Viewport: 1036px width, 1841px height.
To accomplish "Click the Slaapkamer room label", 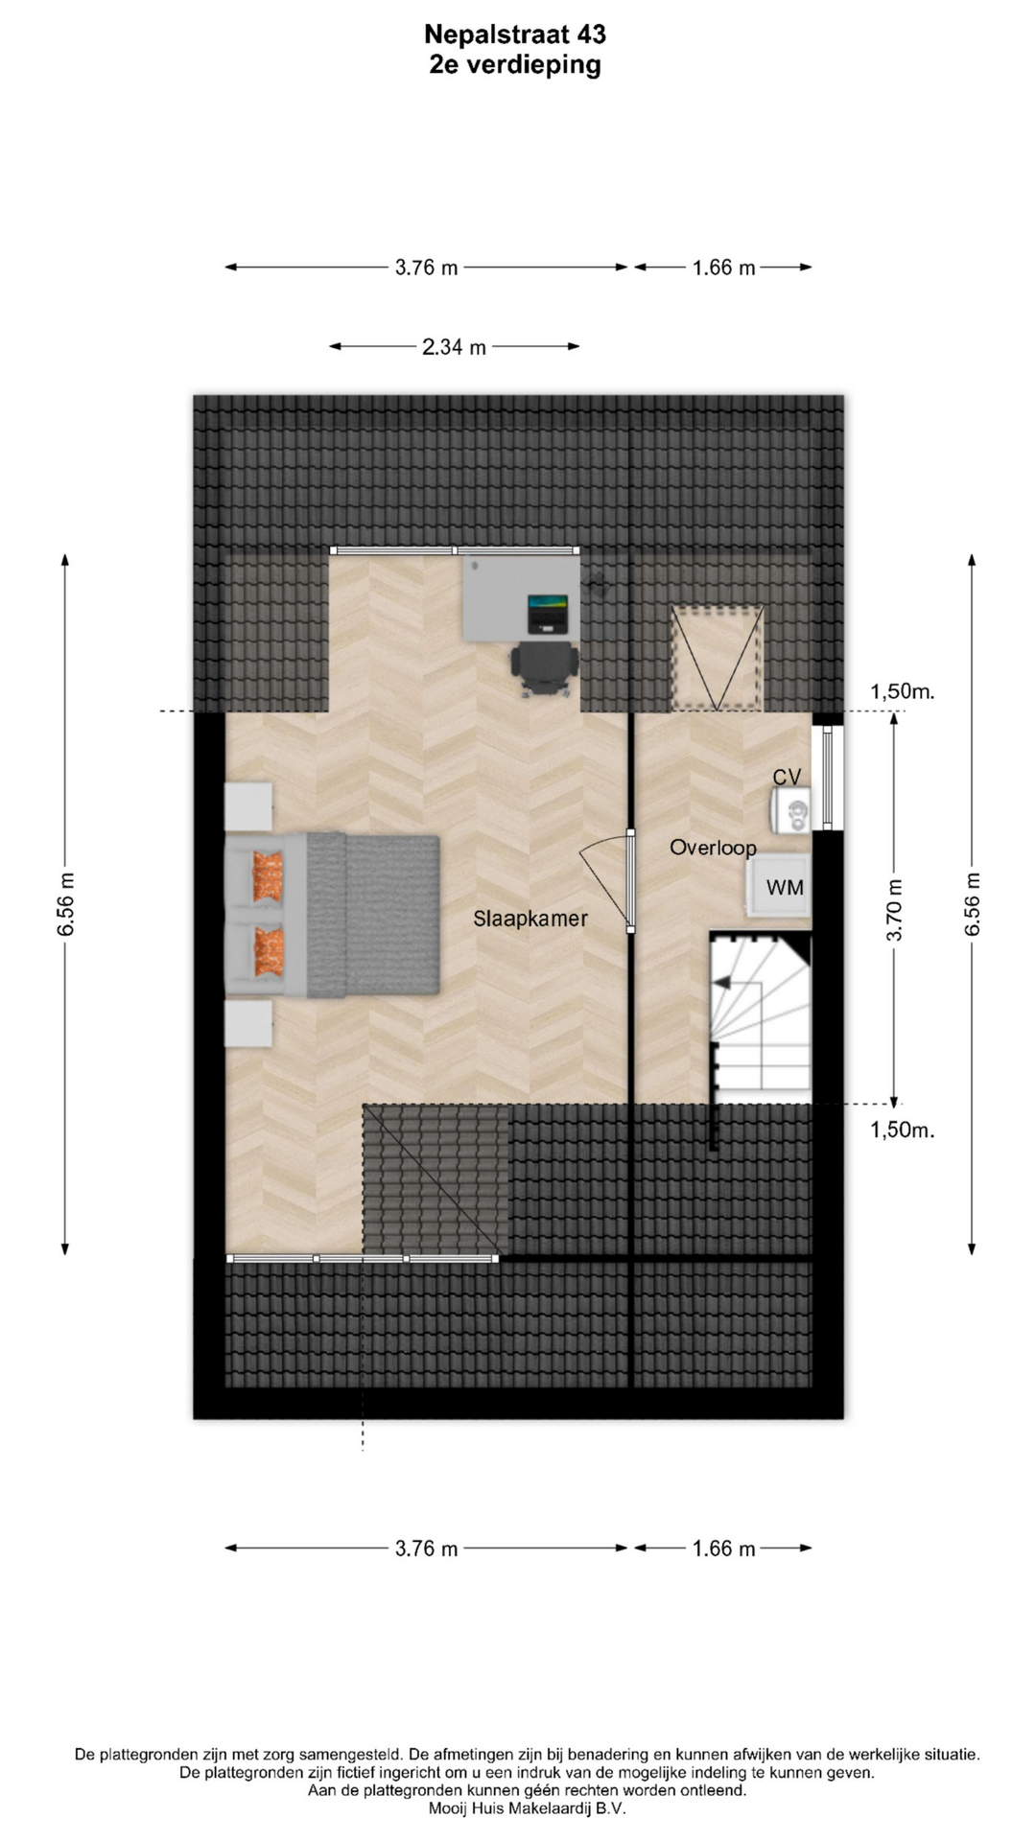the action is pos(530,919).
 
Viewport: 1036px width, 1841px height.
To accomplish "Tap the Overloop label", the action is pos(713,848).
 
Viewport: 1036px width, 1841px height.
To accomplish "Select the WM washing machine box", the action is pos(780,887).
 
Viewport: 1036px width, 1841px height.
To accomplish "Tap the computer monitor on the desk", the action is pos(548,614).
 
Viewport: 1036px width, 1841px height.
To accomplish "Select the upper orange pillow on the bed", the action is pos(269,876).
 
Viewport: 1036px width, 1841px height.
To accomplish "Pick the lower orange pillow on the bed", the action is pos(269,951).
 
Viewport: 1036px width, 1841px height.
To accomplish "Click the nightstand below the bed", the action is pos(248,1024).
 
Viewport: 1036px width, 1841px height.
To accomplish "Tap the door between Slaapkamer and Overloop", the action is pos(630,881).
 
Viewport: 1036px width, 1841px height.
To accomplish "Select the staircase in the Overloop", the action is pos(760,1016).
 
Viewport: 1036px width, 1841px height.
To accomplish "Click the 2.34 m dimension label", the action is pos(454,347).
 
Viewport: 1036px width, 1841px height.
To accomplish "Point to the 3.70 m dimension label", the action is pos(894,910).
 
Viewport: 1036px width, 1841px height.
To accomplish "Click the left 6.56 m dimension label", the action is pos(65,904).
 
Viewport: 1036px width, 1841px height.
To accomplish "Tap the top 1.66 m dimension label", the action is pos(724,268).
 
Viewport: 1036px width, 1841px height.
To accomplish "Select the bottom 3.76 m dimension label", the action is pos(427,1548).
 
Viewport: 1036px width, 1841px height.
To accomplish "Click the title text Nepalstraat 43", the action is pos(515,35).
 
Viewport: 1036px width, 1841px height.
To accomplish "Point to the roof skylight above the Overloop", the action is pos(718,659).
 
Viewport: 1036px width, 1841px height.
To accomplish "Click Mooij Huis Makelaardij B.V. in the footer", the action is pos(528,1808).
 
